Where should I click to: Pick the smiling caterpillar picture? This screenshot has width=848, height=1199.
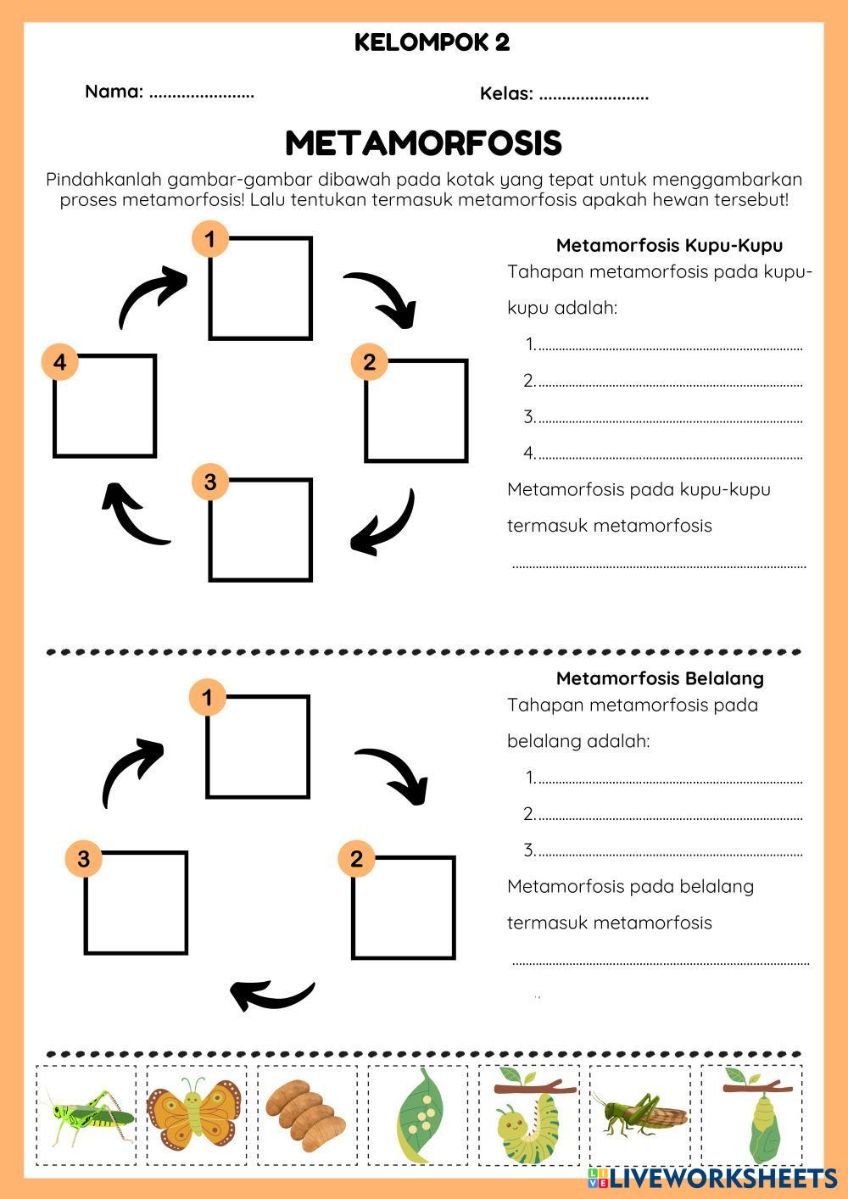click(x=527, y=1119)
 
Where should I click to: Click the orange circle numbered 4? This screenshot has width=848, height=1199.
click(x=59, y=363)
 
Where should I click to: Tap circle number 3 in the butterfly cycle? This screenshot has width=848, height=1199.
click(x=210, y=482)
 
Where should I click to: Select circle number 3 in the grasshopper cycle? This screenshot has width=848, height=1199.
click(x=83, y=859)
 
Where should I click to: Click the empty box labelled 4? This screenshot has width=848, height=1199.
click(x=105, y=406)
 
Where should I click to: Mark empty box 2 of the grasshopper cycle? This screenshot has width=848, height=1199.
click(x=404, y=907)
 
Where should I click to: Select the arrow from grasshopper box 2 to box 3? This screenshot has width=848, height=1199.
click(x=273, y=995)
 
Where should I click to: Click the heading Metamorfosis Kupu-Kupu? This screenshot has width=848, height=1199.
click(x=669, y=246)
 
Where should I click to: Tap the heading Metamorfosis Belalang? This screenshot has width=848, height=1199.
click(x=660, y=678)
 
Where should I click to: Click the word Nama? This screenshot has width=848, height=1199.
click(x=114, y=92)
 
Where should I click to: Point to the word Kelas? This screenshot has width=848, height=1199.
click(x=506, y=93)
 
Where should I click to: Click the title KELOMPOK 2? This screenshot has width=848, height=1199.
click(x=432, y=43)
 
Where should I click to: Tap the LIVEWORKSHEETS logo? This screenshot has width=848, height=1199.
click(x=713, y=1177)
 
